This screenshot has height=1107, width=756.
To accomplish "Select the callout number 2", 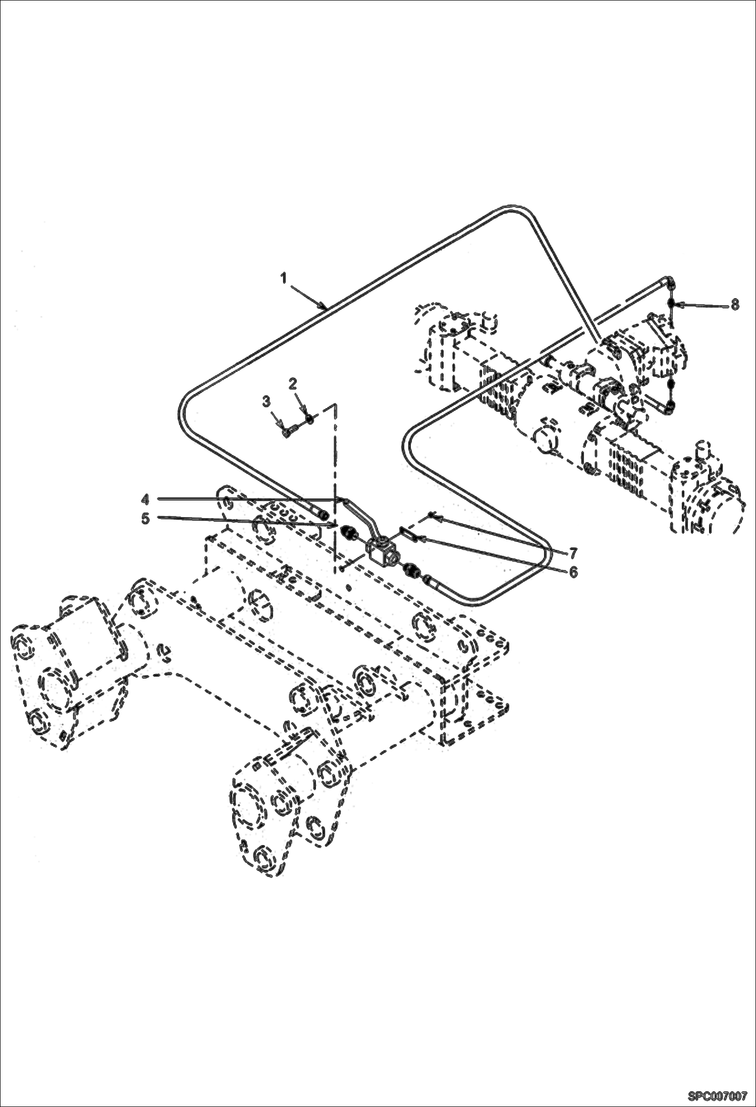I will click(x=293, y=384).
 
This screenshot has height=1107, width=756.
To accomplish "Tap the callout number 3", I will click(x=266, y=401).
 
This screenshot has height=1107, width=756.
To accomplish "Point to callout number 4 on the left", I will click(x=145, y=499).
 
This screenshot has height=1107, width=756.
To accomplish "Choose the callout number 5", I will click(x=145, y=518).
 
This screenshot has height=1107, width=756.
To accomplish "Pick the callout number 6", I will click(x=573, y=572).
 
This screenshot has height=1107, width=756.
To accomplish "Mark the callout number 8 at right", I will click(x=735, y=304).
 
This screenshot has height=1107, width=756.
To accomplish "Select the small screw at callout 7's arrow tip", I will click(x=431, y=514).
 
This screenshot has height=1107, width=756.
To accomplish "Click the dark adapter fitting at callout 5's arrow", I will click(x=348, y=531).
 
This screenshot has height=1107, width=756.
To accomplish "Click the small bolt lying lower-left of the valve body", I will click(x=343, y=568).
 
